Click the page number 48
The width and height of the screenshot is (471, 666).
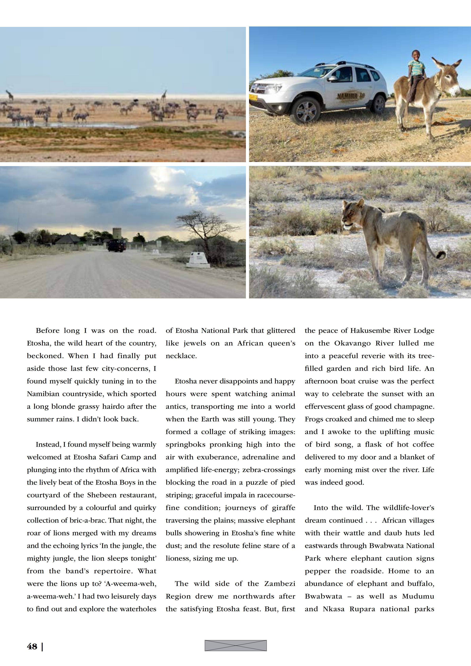(32, 647)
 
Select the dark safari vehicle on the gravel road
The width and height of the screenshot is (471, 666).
(116, 245)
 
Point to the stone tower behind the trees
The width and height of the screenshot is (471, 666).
(117, 234)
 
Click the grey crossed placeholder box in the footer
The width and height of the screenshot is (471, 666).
(235, 645)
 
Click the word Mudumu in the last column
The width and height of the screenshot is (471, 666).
(418, 596)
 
